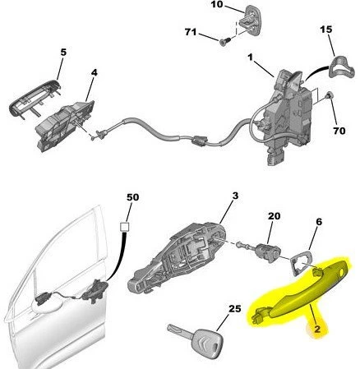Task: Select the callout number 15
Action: tap(325, 30)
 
